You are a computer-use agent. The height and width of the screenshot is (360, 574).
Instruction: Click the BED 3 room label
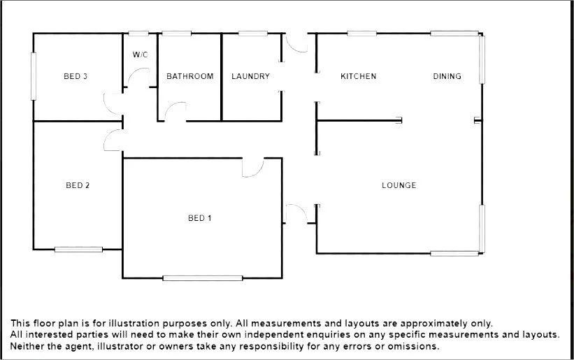coord(76,76)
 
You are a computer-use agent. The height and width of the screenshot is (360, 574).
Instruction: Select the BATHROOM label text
coord(189,76)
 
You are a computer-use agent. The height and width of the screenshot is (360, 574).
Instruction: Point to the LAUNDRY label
coord(250,76)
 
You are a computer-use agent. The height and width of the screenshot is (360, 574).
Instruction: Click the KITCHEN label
coord(358,76)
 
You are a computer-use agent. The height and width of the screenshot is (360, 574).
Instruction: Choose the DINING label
coord(447,76)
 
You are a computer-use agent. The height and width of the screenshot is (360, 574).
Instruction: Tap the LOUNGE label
coord(399,185)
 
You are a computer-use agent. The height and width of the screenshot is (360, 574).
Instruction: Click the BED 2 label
coord(78,185)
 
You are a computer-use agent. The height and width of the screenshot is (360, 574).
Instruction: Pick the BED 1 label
coord(200,218)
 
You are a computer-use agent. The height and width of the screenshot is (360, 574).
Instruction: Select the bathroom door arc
coord(175,111)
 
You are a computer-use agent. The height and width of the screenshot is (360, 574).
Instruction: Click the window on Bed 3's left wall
coord(33,76)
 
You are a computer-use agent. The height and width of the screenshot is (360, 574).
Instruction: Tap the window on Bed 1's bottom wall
coord(203,278)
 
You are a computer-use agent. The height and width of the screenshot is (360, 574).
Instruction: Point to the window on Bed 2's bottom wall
coord(78,249)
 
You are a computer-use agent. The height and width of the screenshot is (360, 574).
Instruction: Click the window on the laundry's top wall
coord(250,33)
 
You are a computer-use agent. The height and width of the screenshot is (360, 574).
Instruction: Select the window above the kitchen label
coord(361,33)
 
